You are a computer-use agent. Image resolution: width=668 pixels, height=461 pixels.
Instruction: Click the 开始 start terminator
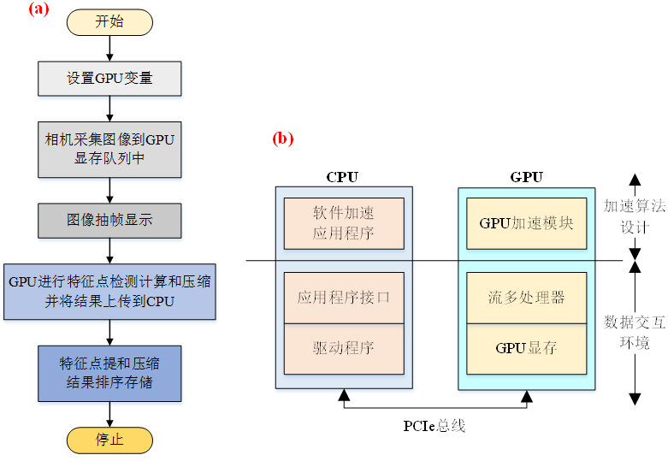109,22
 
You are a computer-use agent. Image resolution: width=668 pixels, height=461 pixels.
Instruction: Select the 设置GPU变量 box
109,79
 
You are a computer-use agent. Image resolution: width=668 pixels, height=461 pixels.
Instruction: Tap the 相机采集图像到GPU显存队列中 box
109,149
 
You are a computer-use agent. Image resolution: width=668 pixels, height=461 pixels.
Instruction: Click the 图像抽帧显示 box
109,220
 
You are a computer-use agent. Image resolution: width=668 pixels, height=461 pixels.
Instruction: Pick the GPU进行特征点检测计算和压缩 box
109,291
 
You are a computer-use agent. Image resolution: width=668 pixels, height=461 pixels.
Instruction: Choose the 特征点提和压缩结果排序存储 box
109,373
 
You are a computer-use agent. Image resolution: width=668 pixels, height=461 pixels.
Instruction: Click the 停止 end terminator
109,440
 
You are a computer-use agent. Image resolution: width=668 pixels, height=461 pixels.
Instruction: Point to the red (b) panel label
282,138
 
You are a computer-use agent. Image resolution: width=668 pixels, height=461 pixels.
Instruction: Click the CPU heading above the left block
342,177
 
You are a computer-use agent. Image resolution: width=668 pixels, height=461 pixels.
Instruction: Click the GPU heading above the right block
526,177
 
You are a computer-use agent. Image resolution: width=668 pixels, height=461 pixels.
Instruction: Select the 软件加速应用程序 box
343,223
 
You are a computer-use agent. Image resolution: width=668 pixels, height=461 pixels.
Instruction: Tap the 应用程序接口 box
343,298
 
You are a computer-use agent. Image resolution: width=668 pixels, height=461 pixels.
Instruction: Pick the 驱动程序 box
343,348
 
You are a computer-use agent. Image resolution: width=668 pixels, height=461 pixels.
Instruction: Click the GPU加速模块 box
526,223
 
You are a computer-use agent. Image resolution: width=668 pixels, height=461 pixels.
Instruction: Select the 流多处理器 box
526,298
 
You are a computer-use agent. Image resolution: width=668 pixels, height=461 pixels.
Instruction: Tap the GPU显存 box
526,348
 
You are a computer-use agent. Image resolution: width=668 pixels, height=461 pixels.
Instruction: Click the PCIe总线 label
434,425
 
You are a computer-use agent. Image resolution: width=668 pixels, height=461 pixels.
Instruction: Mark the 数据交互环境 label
634,332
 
